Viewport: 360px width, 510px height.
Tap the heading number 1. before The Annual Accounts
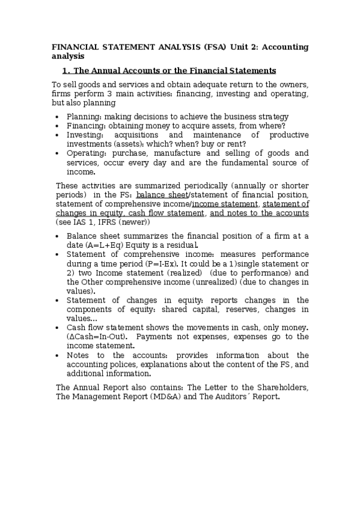(66, 70)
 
